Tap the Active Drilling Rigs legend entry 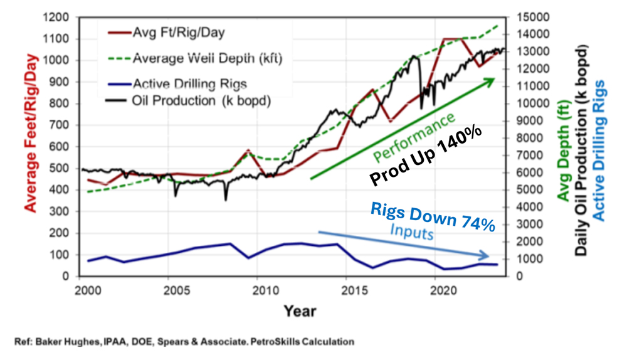(x=189, y=84)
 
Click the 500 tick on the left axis (x=64, y=168)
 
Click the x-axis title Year (x=299, y=310)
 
